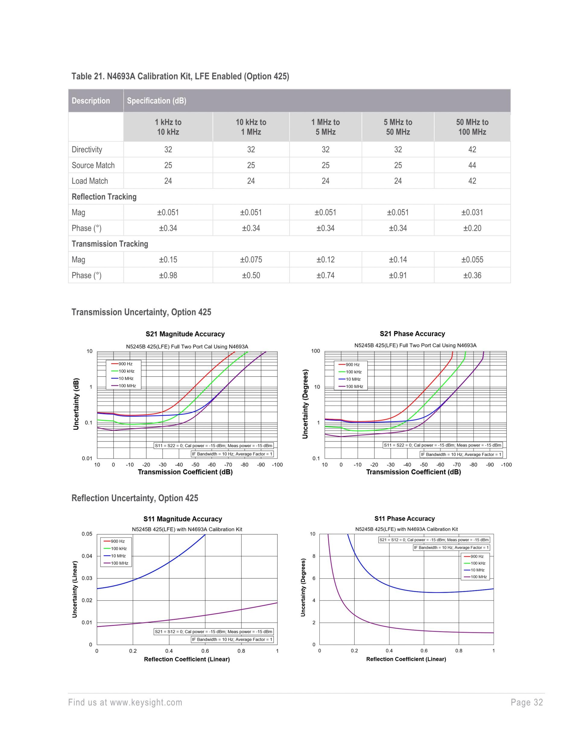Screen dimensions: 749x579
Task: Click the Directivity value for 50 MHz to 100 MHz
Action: pyautogui.click(x=472, y=150)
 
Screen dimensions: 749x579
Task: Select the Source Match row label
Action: pyautogui.click(x=93, y=165)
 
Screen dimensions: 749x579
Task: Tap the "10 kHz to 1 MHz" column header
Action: pyautogui.click(x=251, y=127)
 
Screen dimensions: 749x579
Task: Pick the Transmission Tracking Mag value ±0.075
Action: pyautogui.click(x=251, y=260)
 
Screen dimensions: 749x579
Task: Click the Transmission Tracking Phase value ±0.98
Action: pyautogui.click(x=168, y=275)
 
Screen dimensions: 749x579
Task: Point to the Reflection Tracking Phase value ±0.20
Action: pyautogui.click(x=472, y=228)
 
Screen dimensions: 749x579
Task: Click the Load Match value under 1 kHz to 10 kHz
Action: pyautogui.click(x=168, y=181)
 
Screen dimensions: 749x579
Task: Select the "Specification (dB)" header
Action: pyautogui.click(x=157, y=101)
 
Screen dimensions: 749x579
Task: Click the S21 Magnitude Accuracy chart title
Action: pyautogui.click(x=185, y=334)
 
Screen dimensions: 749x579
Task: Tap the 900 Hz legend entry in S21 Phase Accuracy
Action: pyautogui.click(x=352, y=365)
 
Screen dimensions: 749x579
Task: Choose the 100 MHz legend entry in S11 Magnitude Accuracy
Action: pyautogui.click(x=119, y=563)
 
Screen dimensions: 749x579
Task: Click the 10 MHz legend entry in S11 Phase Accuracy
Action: pyautogui.click(x=477, y=570)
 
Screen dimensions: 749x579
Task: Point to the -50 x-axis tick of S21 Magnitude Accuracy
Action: pyautogui.click(x=195, y=465)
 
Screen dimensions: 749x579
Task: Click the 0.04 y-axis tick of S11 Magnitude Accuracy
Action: pyautogui.click(x=87, y=556)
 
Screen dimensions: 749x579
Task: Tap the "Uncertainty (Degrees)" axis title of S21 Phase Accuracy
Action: pyautogui.click(x=305, y=404)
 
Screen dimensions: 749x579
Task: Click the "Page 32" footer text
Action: pyautogui.click(x=527, y=702)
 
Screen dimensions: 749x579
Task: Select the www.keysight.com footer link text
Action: pyautogui.click(x=146, y=702)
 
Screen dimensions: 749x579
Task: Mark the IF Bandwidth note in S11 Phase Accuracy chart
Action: pyautogui.click(x=451, y=547)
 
